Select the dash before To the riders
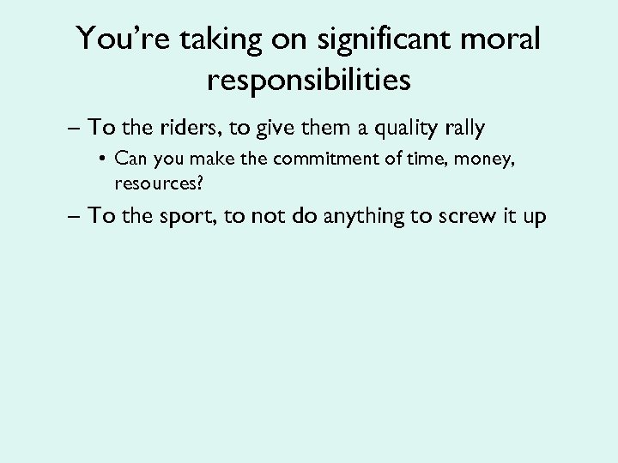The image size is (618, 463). [74, 129]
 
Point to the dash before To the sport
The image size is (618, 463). [74, 216]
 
